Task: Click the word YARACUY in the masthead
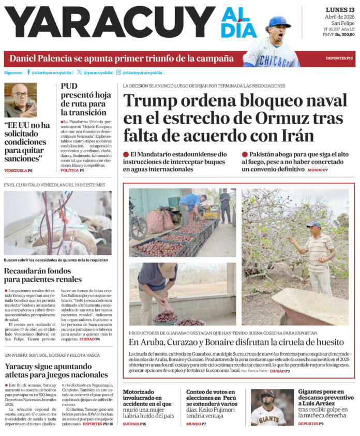[x=109, y=23]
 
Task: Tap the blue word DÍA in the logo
[x=239, y=31]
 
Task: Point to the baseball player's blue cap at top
[x=280, y=21]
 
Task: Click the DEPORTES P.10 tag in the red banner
[x=339, y=58]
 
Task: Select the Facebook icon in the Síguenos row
[x=28, y=72]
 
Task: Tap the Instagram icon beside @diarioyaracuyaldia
[x=118, y=72]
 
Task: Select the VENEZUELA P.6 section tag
[x=18, y=170]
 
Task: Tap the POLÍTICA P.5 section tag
[x=72, y=170]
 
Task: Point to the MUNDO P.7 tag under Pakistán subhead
[x=318, y=170]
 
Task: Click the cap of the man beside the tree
[x=313, y=224]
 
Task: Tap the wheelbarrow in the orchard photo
[x=310, y=306]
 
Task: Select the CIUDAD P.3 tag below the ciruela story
[x=279, y=371]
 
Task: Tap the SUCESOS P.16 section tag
[x=134, y=424]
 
